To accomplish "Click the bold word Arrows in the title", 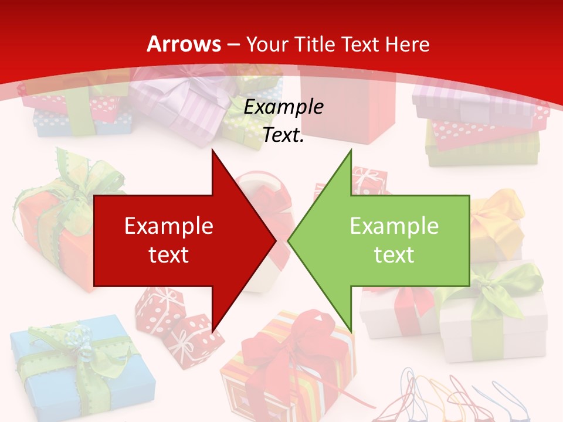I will click(x=184, y=44).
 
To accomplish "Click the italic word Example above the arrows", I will click(x=283, y=107).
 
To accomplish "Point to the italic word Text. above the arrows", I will click(x=283, y=135).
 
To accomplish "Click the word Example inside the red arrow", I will click(x=169, y=226).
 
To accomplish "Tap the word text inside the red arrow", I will click(x=169, y=254).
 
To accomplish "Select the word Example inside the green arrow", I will click(x=394, y=226).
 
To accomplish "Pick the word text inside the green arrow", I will click(x=394, y=254).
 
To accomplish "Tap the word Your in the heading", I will click(x=267, y=44).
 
